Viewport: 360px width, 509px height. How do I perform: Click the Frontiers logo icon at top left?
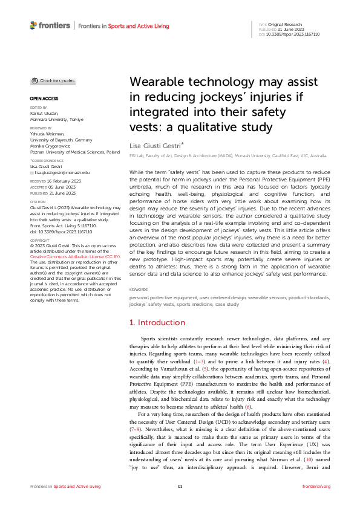tap(33, 25)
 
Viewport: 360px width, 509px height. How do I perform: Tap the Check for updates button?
tap(53, 80)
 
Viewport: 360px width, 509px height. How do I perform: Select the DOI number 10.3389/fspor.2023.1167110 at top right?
tap(293, 34)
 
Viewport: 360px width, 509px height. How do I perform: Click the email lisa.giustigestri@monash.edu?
tap(63, 172)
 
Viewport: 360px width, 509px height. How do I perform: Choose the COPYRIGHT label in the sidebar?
tap(39, 241)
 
